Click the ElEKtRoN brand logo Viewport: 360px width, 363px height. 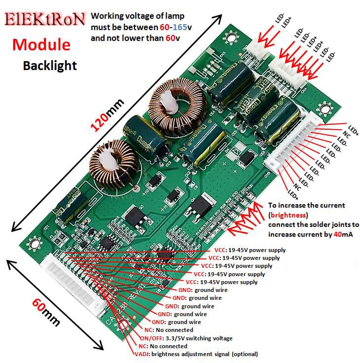tap(45, 20)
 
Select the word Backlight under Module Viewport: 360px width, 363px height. tap(50, 66)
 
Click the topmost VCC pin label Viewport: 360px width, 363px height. tap(250, 250)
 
